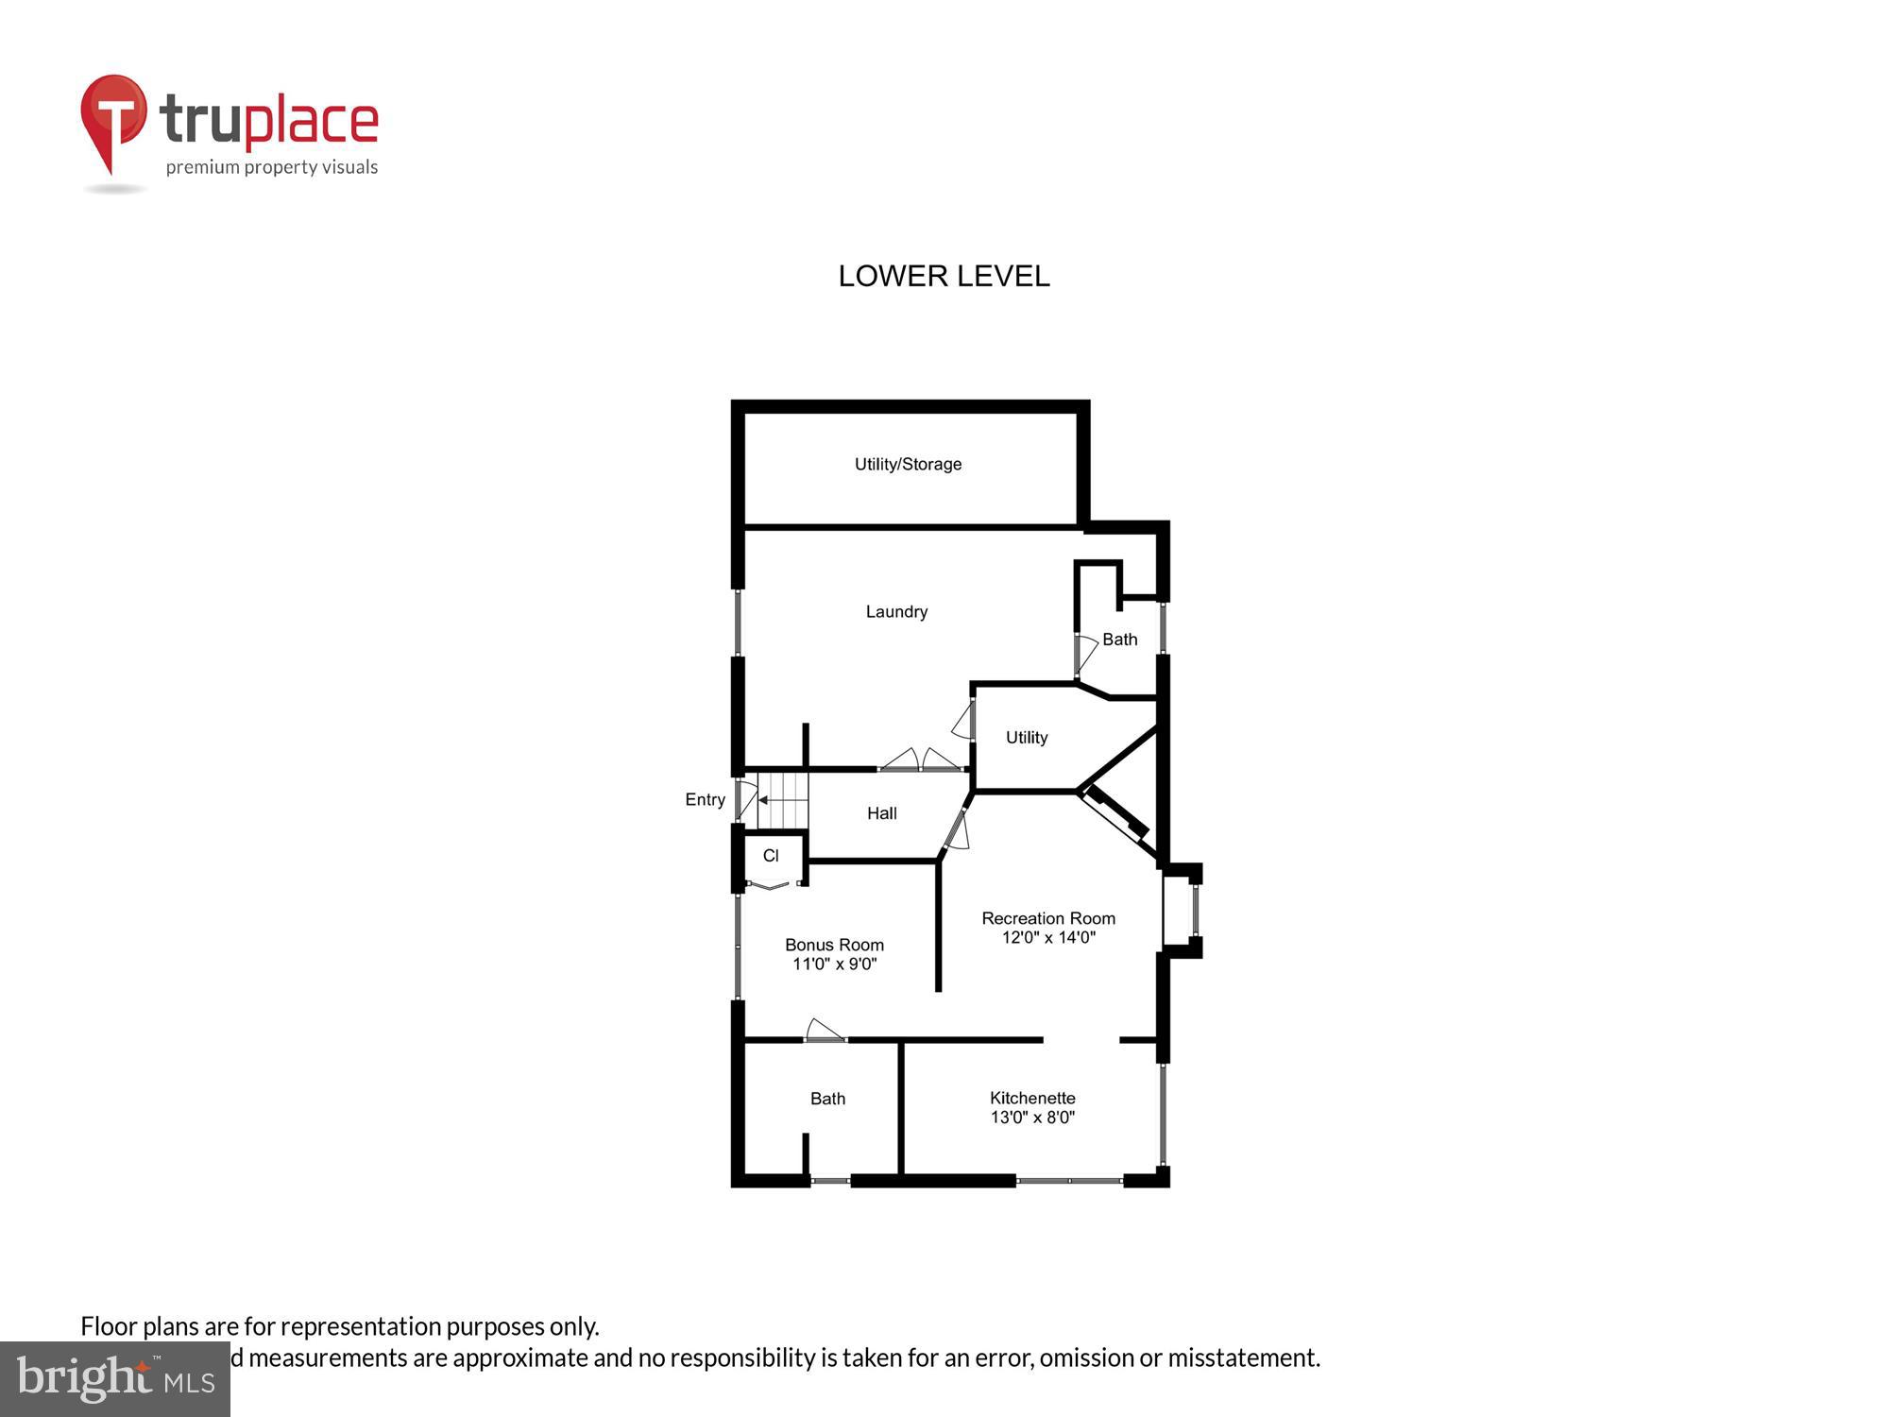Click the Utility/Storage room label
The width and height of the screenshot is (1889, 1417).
pyautogui.click(x=908, y=464)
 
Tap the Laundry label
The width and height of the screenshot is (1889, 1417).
pyautogui.click(x=896, y=612)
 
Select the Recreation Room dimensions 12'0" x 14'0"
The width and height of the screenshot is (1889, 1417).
pyautogui.click(x=1048, y=937)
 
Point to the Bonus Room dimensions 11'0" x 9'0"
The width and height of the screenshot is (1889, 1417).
pyautogui.click(x=834, y=964)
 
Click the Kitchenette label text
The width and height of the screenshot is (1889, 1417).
pyautogui.click(x=1032, y=1098)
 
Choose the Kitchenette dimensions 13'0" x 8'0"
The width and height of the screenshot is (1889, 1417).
pyautogui.click(x=1032, y=1118)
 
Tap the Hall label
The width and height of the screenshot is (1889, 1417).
pyautogui.click(x=881, y=813)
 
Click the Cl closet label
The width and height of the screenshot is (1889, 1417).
pyautogui.click(x=771, y=856)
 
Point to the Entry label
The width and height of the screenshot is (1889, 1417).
pyautogui.click(x=705, y=799)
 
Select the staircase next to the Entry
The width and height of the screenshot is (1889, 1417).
pyautogui.click(x=784, y=800)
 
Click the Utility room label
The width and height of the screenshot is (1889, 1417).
pyautogui.click(x=1026, y=738)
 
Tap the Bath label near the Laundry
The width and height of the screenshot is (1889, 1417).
pyautogui.click(x=1119, y=640)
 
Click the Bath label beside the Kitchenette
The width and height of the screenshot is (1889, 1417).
pyautogui.click(x=827, y=1099)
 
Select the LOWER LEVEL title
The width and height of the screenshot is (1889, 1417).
pyautogui.click(x=944, y=276)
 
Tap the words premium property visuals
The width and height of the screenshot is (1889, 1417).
pyautogui.click(x=272, y=168)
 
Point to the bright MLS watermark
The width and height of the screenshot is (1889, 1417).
pyautogui.click(x=115, y=1379)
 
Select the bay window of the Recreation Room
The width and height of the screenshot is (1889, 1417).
pyautogui.click(x=1183, y=911)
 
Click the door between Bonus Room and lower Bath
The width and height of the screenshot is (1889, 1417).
pyautogui.click(x=825, y=1032)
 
